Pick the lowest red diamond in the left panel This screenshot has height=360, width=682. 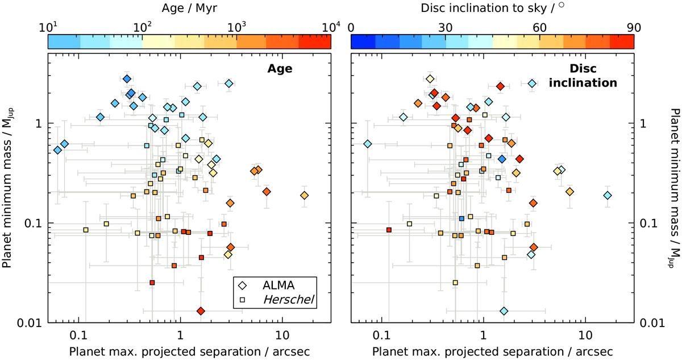[x=201, y=311]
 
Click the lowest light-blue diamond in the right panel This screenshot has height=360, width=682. [x=504, y=311]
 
